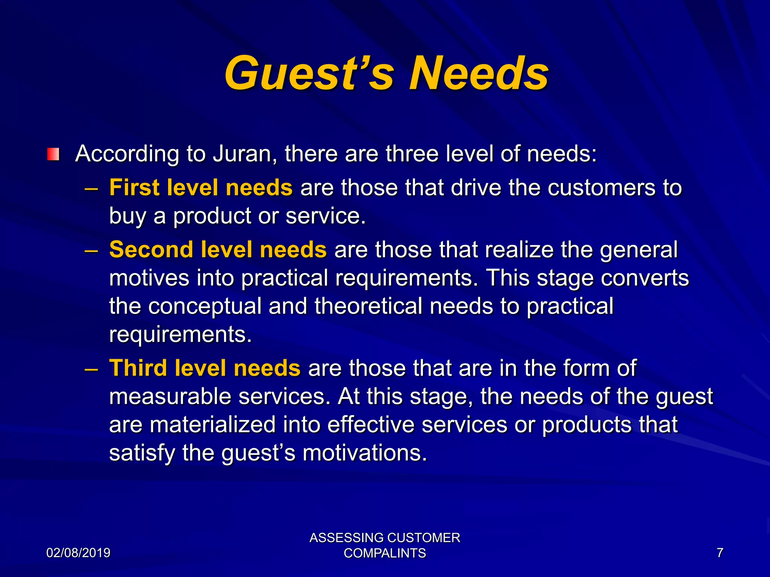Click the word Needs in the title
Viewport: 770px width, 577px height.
coord(479,73)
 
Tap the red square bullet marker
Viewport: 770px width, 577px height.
coord(53,154)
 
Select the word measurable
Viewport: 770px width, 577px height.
coord(170,396)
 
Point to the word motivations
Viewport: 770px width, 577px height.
coord(365,453)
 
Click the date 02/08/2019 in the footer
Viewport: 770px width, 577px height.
coord(78,553)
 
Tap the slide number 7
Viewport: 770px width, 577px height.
coord(720,553)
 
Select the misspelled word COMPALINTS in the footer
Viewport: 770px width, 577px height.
coord(385,553)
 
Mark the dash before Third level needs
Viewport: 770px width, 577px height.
coord(91,369)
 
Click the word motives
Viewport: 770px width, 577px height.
coord(149,278)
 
